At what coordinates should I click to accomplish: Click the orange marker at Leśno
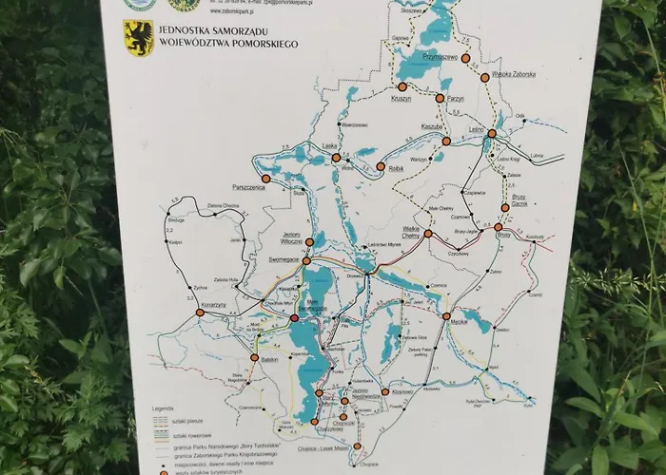click(x=492, y=134)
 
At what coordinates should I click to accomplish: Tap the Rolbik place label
click(x=398, y=167)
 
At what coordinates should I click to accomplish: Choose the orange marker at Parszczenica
click(x=266, y=179)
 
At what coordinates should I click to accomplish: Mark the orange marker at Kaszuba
click(x=444, y=141)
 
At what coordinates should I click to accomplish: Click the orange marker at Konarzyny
click(x=234, y=308)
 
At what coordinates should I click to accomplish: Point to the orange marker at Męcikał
click(x=445, y=316)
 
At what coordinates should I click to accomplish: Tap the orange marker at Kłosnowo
click(x=383, y=392)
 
